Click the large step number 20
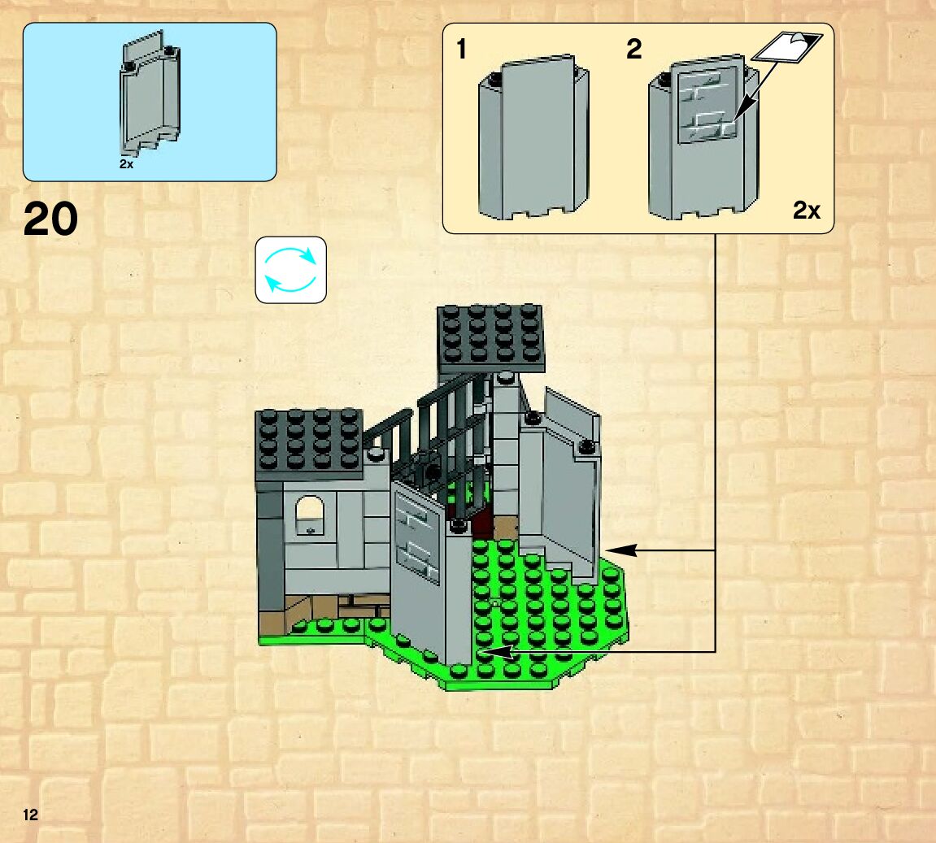click(x=51, y=219)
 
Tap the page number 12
click(x=31, y=815)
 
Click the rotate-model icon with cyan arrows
click(x=290, y=270)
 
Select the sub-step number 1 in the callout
click(x=462, y=50)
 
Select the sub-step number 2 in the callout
click(x=633, y=50)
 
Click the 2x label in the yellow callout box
click(x=806, y=211)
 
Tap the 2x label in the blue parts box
click(x=126, y=164)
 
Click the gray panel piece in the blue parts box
click(x=150, y=93)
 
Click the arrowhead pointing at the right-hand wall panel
click(x=615, y=550)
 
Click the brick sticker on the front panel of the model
click(x=417, y=537)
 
